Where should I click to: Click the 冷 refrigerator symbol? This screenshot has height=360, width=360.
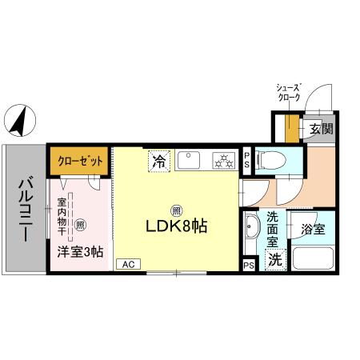click(160, 161)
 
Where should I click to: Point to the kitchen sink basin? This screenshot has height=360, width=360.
click(191, 160)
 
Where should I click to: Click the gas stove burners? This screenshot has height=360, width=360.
click(222, 161)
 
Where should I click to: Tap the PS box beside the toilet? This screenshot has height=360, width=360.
click(247, 160)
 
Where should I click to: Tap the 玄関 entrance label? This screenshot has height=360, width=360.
click(319, 129)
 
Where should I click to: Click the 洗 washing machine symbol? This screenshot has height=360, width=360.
click(274, 259)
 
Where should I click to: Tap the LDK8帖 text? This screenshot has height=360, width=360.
click(176, 226)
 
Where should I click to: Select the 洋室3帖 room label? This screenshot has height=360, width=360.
click(79, 251)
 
